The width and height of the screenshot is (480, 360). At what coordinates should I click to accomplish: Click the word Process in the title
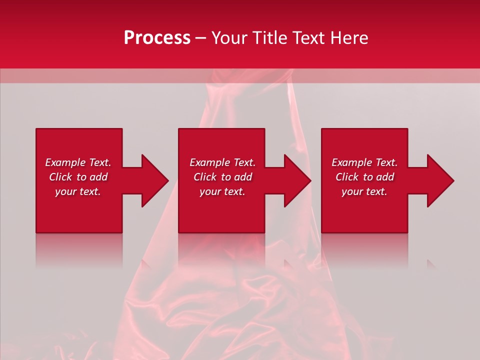tap(157, 38)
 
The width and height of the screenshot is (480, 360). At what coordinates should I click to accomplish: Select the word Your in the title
tap(230, 38)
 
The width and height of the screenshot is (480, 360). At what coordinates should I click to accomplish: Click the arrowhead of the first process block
tap(154, 180)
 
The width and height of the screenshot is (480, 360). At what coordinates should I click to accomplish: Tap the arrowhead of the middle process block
tap(297, 180)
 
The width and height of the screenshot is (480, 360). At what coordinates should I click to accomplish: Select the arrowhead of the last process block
tap(440, 180)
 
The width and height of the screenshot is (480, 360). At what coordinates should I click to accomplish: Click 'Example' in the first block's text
tap(65, 162)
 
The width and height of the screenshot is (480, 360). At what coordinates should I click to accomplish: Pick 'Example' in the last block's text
tap(352, 162)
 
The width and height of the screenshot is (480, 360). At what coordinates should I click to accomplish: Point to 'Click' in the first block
tap(60, 177)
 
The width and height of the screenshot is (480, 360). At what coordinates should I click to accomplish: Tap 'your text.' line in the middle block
tap(222, 191)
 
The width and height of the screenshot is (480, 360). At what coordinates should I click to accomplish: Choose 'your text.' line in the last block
tap(364, 191)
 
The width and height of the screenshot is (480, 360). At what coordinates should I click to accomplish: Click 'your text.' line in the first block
tap(78, 191)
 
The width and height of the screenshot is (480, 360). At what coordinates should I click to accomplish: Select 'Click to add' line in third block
tap(364, 177)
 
